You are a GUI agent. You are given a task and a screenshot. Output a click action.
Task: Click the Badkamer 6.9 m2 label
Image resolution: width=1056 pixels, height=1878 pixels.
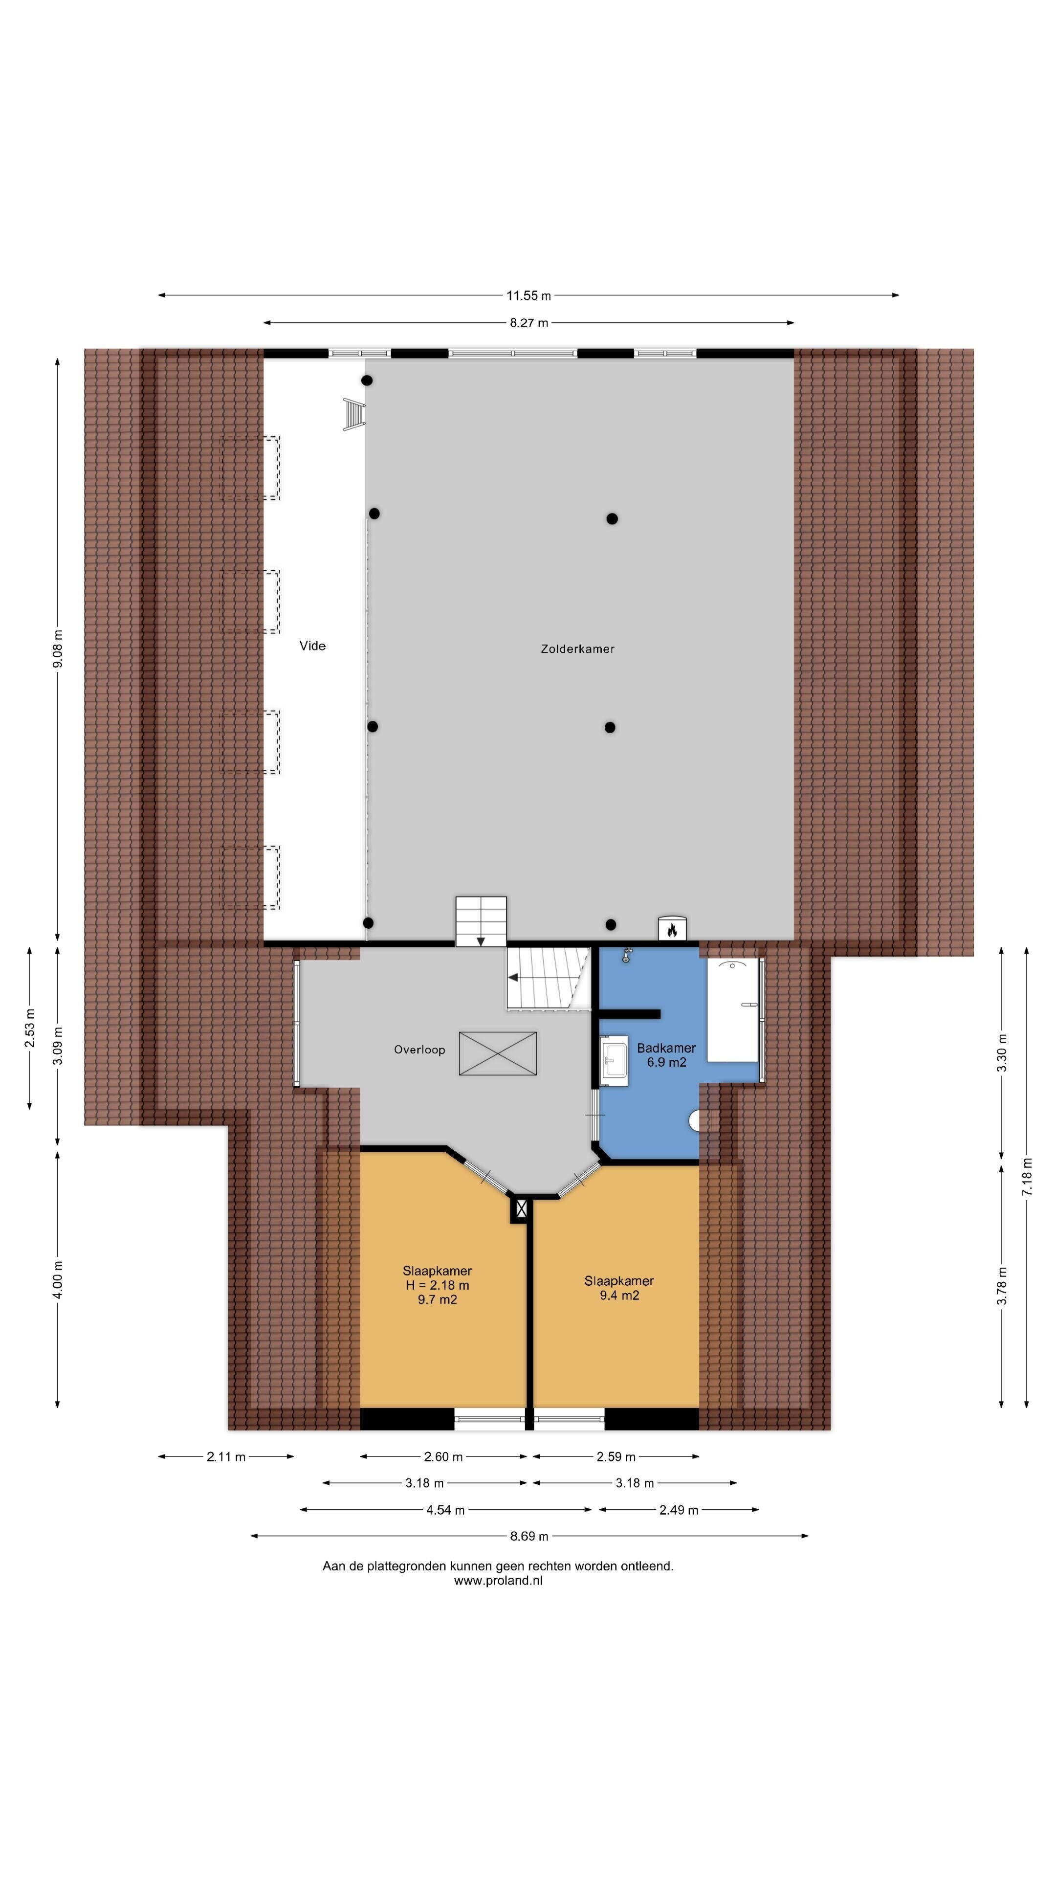pyautogui.click(x=666, y=1055)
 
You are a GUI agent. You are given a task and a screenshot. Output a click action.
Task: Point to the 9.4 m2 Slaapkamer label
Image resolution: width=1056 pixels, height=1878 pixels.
pyautogui.click(x=619, y=1288)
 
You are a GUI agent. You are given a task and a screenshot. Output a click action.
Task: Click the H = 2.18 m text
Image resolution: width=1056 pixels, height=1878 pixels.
pyautogui.click(x=437, y=1285)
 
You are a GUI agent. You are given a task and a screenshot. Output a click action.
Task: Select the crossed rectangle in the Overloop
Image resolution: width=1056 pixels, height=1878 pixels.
pyautogui.click(x=498, y=1053)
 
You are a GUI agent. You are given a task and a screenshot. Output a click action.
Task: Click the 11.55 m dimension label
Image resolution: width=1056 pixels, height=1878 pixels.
pyautogui.click(x=528, y=295)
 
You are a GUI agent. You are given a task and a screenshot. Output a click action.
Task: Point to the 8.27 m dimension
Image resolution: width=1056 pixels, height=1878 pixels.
pyautogui.click(x=528, y=322)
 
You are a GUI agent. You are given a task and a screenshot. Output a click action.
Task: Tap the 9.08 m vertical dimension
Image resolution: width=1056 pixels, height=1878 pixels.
pyautogui.click(x=58, y=648)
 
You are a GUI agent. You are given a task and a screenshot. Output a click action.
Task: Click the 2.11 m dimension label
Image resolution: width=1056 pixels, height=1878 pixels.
pyautogui.click(x=226, y=1456)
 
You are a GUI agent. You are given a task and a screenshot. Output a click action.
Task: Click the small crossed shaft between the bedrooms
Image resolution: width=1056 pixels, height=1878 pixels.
pyautogui.click(x=520, y=1209)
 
